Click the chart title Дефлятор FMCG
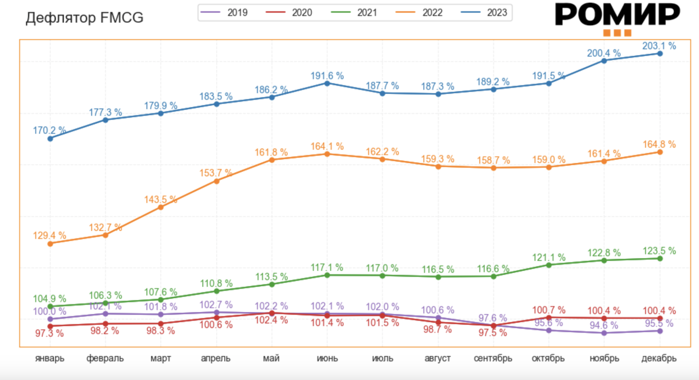click(85, 18)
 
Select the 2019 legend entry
click(224, 13)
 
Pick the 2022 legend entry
click(419, 13)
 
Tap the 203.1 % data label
click(659, 46)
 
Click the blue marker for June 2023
click(327, 83)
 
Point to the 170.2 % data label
click(49, 130)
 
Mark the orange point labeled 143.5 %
click(161, 207)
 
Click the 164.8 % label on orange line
click(659, 144)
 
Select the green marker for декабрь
click(660, 259)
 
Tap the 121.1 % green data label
click(548, 257)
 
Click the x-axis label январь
click(50, 359)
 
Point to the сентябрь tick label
click(493, 359)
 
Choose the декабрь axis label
click(659, 359)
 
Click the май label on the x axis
click(271, 359)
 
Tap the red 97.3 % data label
click(49, 333)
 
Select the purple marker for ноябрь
click(604, 333)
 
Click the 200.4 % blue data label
click(603, 53)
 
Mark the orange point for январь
click(50, 244)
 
